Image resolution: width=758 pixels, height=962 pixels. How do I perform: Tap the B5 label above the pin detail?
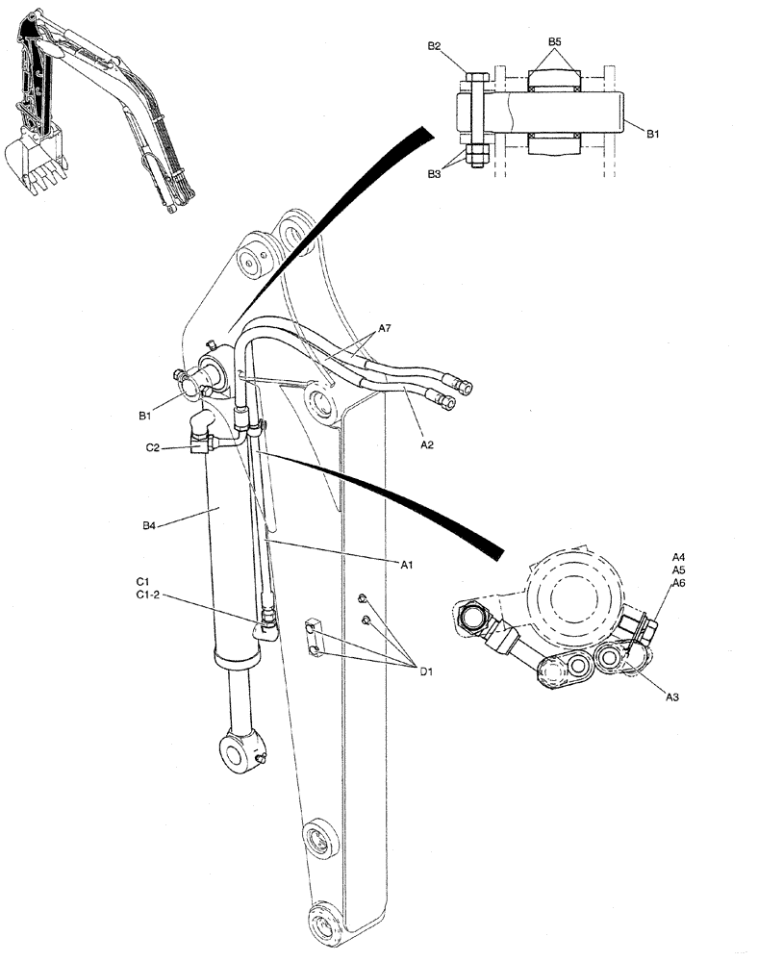pyautogui.click(x=555, y=42)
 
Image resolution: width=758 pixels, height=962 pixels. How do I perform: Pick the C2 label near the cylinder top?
pyautogui.click(x=153, y=447)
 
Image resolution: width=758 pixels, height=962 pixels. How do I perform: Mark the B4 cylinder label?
pyautogui.click(x=150, y=525)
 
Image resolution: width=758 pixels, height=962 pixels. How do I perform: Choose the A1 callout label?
pyautogui.click(x=408, y=565)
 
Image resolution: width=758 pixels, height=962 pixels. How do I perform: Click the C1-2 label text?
pyautogui.click(x=149, y=596)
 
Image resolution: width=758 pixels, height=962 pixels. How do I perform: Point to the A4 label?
pyautogui.click(x=678, y=557)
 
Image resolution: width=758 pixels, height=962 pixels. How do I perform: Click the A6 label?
pyautogui.click(x=678, y=583)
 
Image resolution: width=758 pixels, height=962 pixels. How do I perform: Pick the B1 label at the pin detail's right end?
pyautogui.click(x=651, y=135)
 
